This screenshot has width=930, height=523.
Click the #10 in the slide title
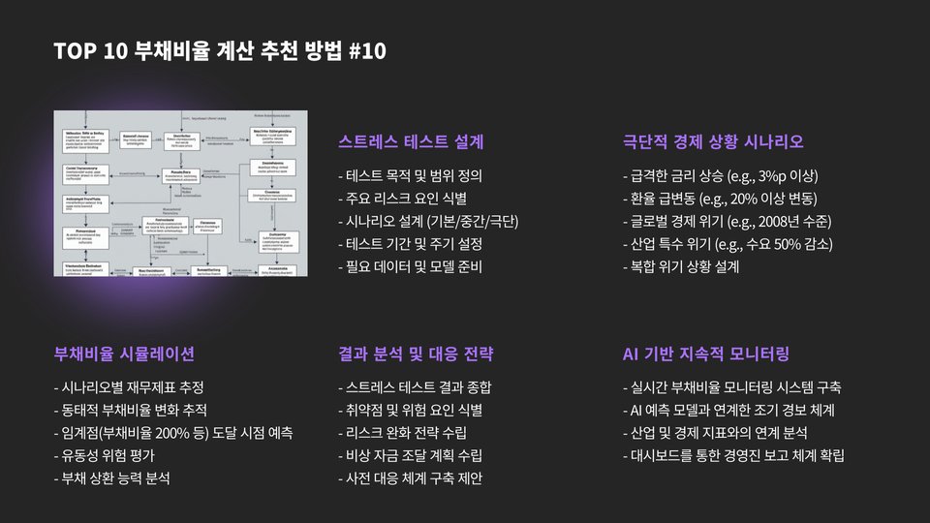coord(365,50)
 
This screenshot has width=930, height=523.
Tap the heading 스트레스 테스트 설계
coord(411,142)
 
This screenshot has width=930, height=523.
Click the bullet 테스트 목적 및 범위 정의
coord(411,176)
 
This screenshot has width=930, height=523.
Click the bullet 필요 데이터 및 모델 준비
coord(411,265)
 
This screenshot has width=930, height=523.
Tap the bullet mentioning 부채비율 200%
coord(173,432)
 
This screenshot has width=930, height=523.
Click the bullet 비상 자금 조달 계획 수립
coord(411,455)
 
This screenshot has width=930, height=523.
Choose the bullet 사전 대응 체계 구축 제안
coord(411,477)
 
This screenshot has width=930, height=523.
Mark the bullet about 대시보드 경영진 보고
coord(734,455)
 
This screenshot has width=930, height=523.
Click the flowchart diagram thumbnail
coord(181,193)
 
